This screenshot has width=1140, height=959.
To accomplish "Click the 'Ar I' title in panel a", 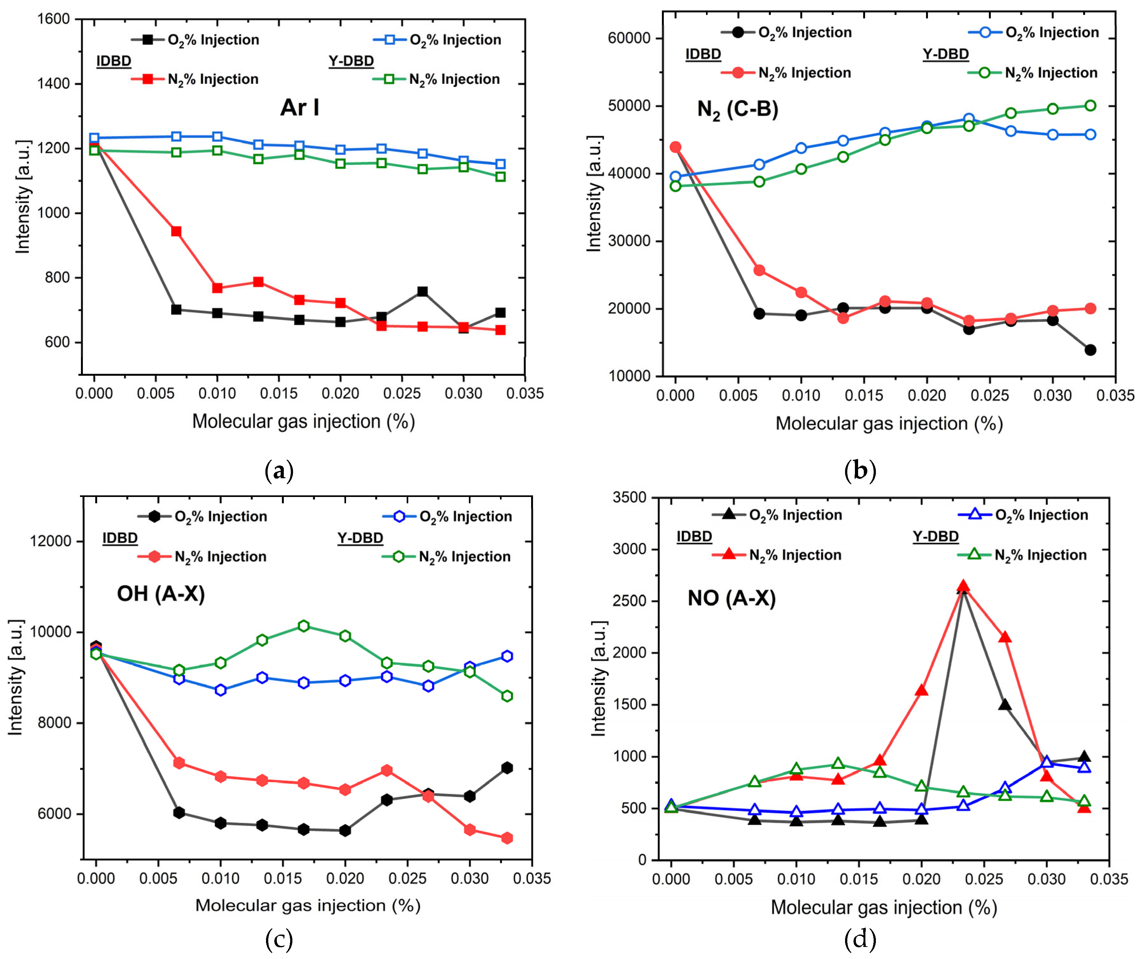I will pos(300,108).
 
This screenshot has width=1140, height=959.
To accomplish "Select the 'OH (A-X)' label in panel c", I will pos(161,594).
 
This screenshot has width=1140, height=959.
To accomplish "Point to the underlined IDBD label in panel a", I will pos(114,61).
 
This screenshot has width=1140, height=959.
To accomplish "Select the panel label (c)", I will pos(279,939).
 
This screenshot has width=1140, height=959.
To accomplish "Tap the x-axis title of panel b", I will pos(889,424).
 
